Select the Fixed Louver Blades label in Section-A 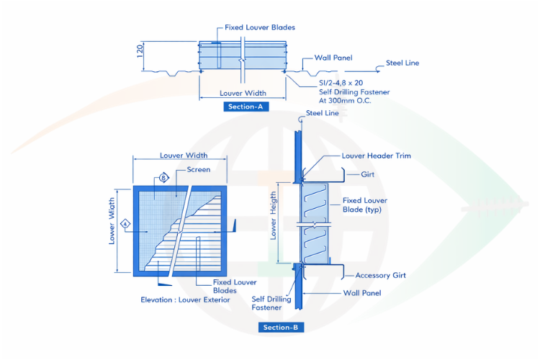pos(259,27)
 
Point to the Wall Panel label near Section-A pos(333,58)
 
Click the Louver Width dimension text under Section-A pos(243,93)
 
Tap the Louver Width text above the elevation pos(184,156)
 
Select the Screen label pos(199,170)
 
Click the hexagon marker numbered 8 pos(163,176)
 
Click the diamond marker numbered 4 pos(125,224)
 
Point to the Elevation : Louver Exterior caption pos(186,300)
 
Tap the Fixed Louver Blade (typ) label pos(361,205)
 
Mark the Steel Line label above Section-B pos(323,113)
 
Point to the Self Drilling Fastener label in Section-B pos(271,303)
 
